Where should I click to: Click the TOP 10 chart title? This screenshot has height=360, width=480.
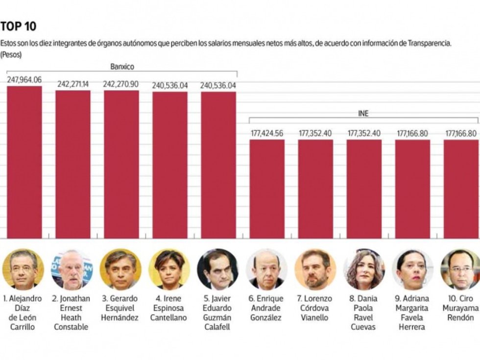tap(19, 26)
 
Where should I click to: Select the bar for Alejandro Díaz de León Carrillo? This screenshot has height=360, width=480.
tap(24, 162)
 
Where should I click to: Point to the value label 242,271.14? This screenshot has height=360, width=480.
tap(72, 84)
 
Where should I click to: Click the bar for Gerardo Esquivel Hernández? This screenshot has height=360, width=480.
tap(121, 164)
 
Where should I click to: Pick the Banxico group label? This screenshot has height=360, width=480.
tap(122, 67)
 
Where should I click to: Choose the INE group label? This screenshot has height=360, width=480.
tap(363, 113)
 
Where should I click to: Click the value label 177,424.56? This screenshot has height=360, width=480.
tap(266, 133)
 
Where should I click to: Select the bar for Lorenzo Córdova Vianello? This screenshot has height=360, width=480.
tap(315, 189)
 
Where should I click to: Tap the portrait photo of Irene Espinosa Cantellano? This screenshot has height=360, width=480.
tap(169, 269)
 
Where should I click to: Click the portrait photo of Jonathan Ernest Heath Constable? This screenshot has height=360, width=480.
tap(72, 269)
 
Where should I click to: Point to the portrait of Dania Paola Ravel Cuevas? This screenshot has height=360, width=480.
tap(363, 269)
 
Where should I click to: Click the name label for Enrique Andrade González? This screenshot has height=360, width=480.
tap(266, 308)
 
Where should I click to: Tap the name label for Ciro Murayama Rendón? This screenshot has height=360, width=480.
tap(460, 308)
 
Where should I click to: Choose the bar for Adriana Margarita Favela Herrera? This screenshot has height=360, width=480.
tap(412, 189)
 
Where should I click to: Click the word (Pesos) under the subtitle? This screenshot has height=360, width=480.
tap(11, 55)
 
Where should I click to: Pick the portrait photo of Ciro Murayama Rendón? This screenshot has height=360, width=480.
tap(460, 269)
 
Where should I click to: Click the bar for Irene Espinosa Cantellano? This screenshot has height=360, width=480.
tap(169, 165)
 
